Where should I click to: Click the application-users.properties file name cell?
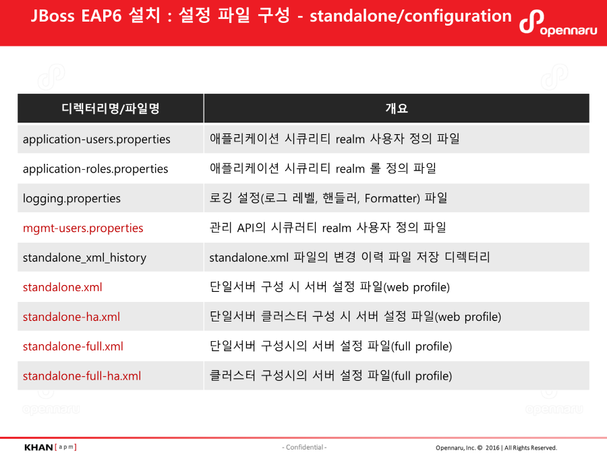pos(96,140)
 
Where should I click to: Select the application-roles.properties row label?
pos(95,169)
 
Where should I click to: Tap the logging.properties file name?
pos(71,198)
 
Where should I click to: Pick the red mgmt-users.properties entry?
pos(83,228)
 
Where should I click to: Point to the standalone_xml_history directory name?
pos(84,257)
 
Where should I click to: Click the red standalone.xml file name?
pos(62,287)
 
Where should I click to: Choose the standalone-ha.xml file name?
pos(71,317)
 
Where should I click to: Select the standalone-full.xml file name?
pos(73,346)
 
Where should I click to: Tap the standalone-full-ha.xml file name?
pos(82,375)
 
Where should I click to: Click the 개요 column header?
pos(397,109)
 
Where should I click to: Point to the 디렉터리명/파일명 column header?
pos(111,109)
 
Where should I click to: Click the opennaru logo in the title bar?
pos(558,23)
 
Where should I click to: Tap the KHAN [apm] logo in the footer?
pos(51,448)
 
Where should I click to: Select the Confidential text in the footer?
pos(304,448)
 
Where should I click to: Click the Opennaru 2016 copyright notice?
pos(496,448)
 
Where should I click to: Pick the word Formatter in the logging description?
pos(391,198)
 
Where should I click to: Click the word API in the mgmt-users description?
pos(246,228)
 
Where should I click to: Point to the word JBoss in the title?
pos(53,16)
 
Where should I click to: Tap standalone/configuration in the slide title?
pos(411,17)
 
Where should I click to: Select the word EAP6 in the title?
pos(101,16)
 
